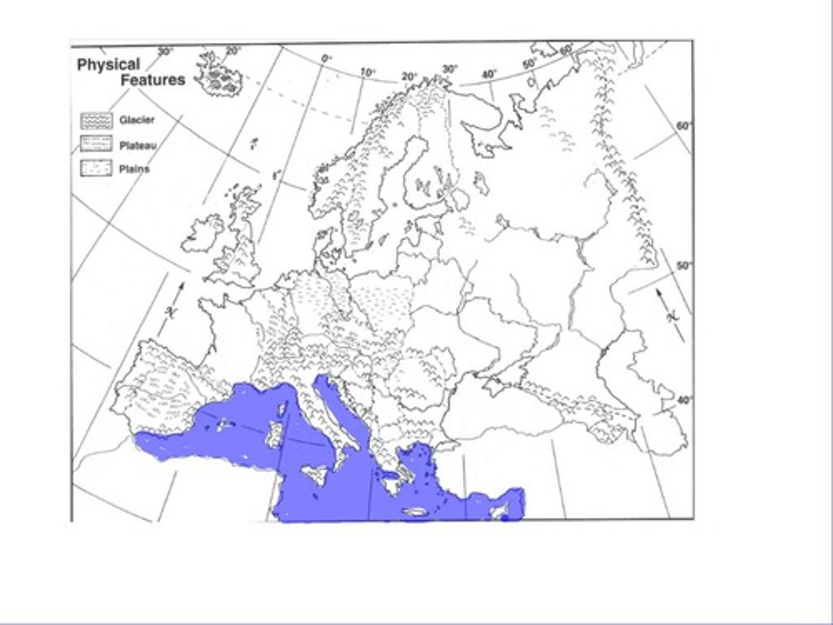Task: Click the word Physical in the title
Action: (x=109, y=64)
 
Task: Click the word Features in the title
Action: (x=153, y=80)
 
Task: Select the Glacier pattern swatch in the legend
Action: (x=96, y=120)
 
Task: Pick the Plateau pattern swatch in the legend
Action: (x=96, y=144)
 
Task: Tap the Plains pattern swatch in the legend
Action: (x=96, y=168)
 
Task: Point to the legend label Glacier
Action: (x=137, y=120)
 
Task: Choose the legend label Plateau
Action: (x=138, y=145)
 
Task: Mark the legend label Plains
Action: (x=134, y=169)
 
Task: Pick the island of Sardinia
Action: (x=274, y=435)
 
